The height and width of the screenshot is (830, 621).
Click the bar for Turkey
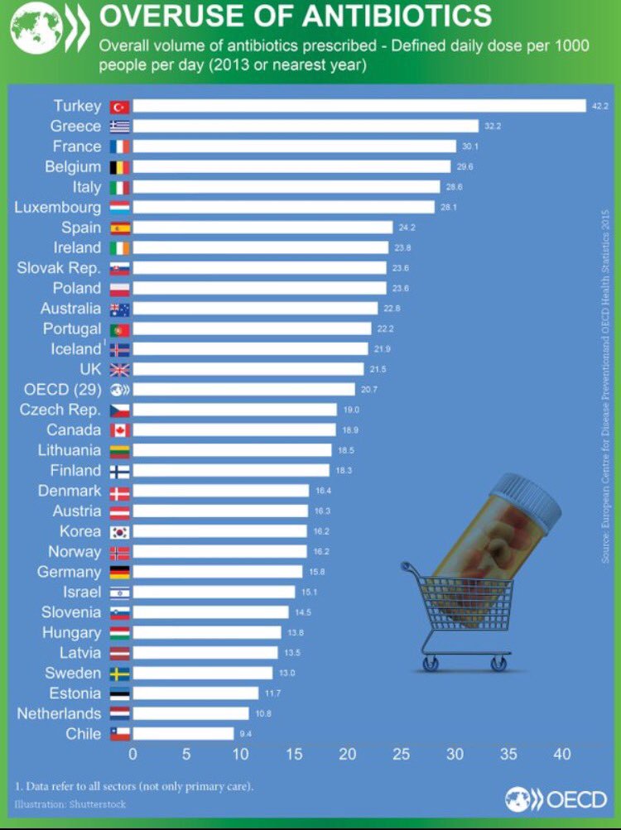point(359,106)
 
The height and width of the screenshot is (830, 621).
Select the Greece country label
point(75,127)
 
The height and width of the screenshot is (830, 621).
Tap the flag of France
point(120,146)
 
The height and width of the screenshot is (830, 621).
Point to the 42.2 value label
point(600,106)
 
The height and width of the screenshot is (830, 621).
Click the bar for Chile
point(183,733)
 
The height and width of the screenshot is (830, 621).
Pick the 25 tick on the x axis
point(402,754)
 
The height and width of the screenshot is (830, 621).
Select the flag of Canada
point(120,430)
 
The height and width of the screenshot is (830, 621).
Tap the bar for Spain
point(262,228)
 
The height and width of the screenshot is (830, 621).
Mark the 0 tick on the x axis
point(132,754)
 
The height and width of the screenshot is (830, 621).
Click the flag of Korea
point(120,531)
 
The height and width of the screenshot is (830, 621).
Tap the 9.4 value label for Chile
point(246,733)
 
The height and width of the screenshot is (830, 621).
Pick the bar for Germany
point(217,572)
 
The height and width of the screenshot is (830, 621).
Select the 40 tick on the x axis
point(563,754)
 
